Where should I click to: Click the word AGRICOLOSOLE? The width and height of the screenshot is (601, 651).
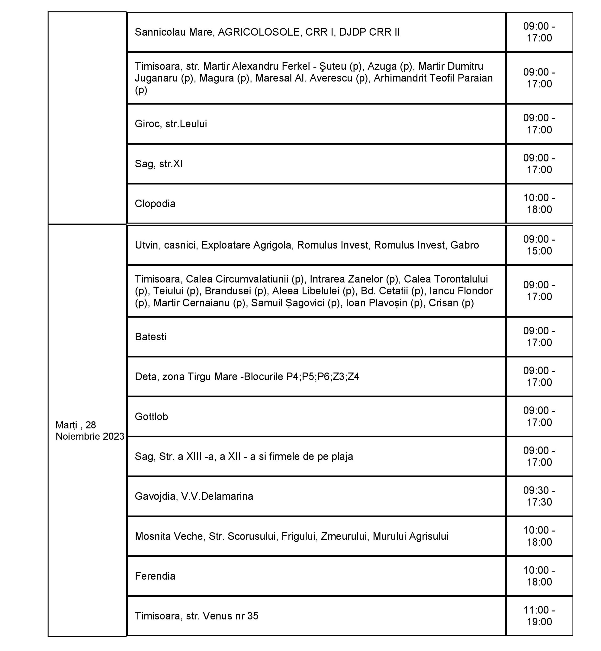point(259,32)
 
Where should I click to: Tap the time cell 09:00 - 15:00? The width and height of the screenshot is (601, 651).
point(539,245)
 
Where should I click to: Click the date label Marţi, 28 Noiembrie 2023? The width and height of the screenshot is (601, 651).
point(90,430)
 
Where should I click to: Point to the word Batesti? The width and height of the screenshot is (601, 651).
point(150,336)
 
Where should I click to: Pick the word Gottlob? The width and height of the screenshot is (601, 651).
point(151,417)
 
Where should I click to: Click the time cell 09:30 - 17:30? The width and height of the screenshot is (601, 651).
point(539,496)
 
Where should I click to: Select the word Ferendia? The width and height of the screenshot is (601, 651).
point(155,576)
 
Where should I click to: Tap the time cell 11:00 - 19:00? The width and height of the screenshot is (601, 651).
point(539,616)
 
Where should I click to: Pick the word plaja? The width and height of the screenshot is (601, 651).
point(342,456)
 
